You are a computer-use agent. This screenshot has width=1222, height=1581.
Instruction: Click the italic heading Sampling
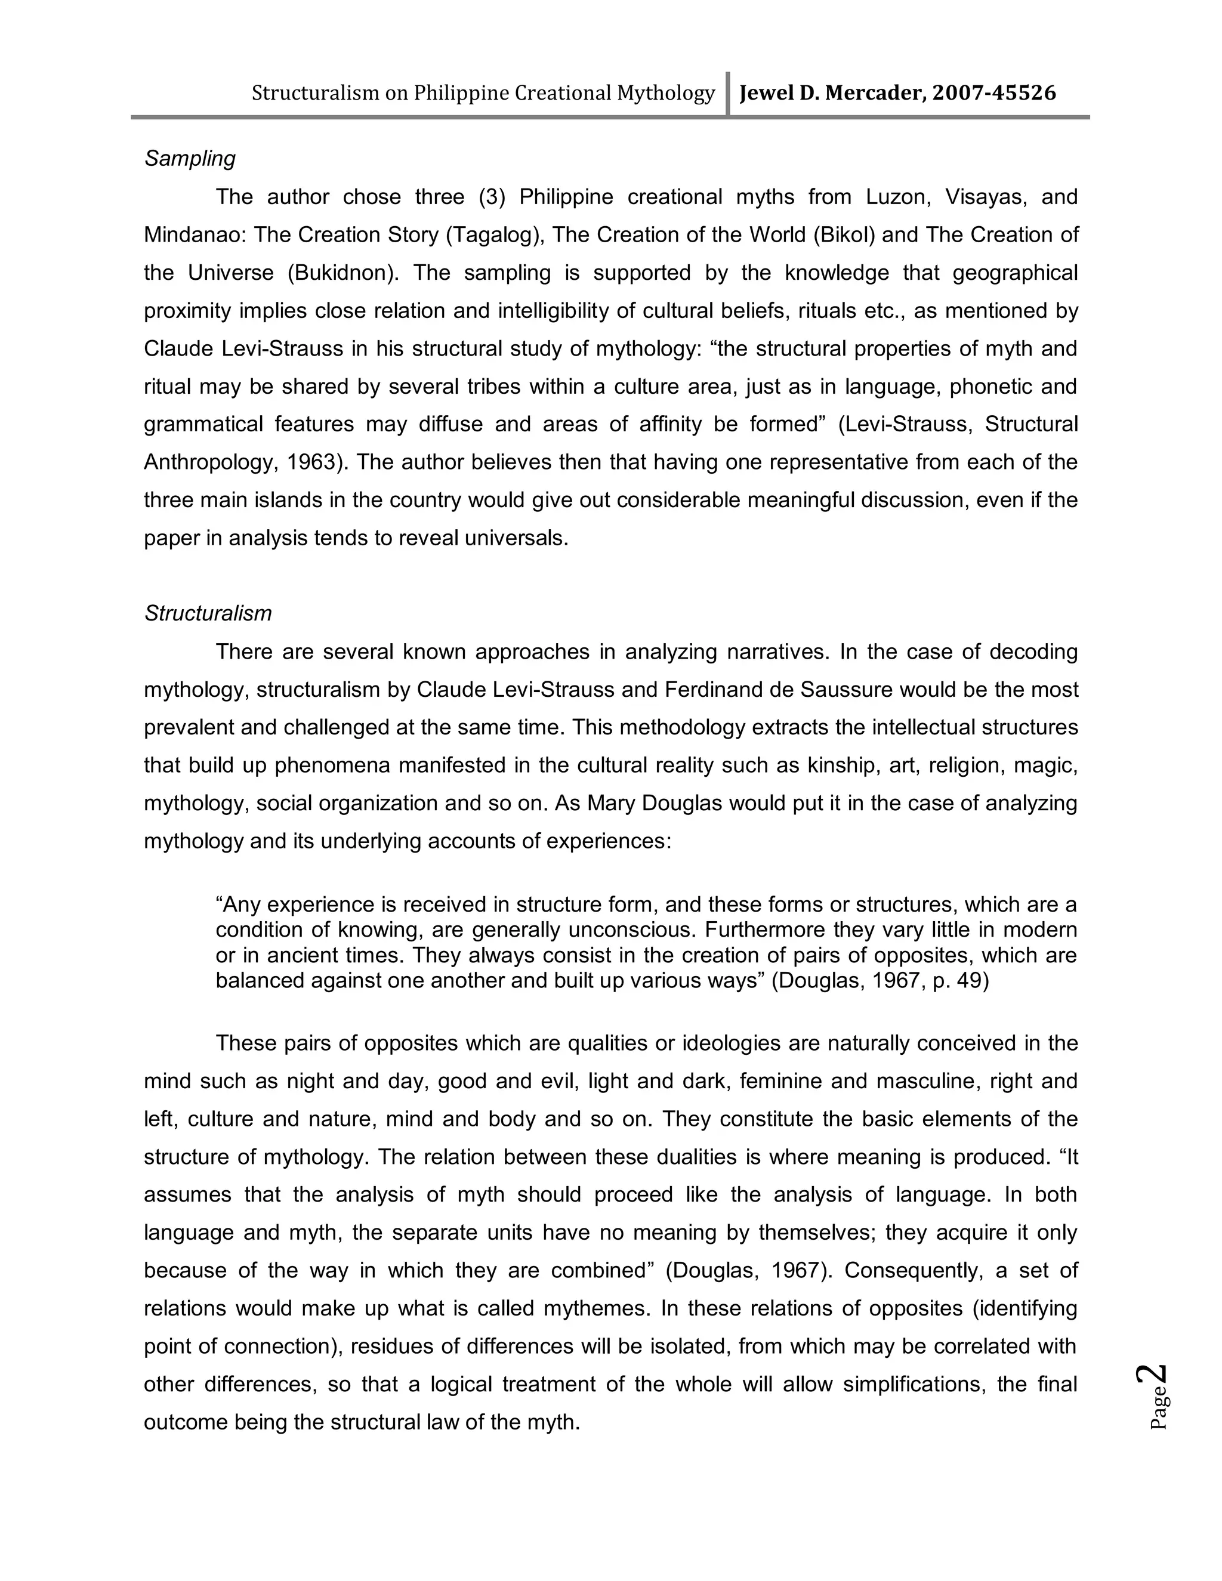pos(190,159)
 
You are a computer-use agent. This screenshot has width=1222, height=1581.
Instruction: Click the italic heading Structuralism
pos(208,614)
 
